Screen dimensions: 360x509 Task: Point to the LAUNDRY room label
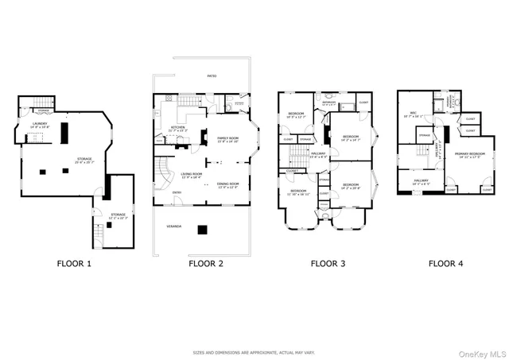coord(40,125)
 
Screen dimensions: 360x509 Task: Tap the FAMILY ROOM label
coord(229,139)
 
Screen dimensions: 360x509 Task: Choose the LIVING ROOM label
coord(191,174)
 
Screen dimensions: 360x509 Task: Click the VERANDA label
coord(173,226)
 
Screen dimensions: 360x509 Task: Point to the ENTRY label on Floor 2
coord(176,192)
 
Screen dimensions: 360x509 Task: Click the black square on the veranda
coord(204,230)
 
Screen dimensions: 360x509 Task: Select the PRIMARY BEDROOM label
coord(471,153)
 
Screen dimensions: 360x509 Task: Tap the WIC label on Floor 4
coord(414,113)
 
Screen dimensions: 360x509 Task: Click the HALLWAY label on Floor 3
coord(318,153)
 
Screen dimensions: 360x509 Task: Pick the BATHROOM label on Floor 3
coord(328,103)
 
